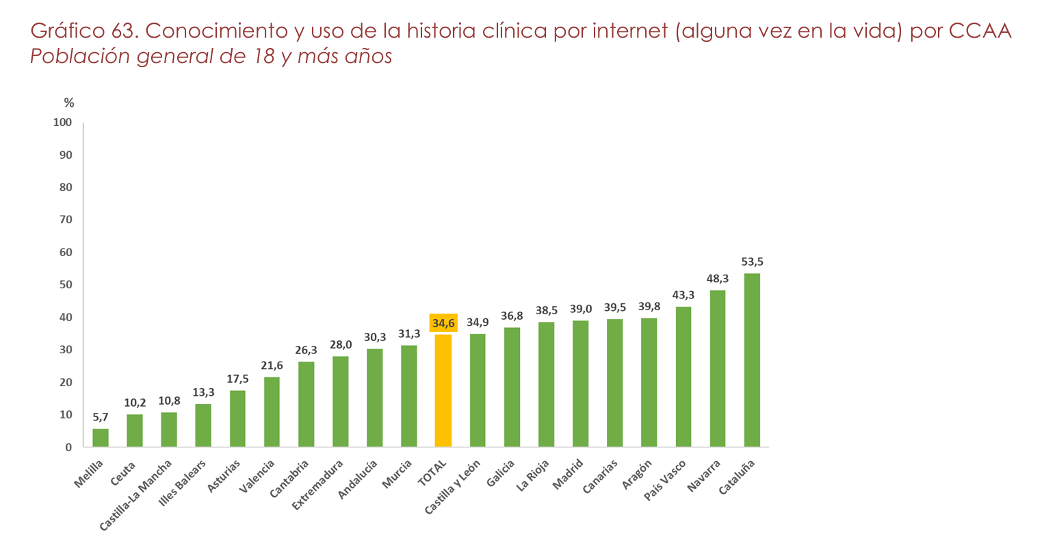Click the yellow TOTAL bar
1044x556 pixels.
[443, 390]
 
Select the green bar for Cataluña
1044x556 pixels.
[752, 360]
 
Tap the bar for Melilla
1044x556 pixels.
[101, 438]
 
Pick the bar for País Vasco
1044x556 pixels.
[683, 377]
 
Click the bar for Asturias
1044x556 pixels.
[237, 418]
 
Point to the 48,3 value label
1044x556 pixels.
[718, 279]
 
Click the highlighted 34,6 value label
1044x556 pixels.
[443, 323]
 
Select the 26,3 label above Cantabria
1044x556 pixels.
[306, 350]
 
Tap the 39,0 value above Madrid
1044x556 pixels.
[581, 309]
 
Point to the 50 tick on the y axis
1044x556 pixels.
[65, 285]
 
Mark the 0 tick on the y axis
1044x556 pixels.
[68, 448]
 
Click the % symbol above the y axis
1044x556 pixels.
[69, 103]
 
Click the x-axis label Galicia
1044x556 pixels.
[501, 473]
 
